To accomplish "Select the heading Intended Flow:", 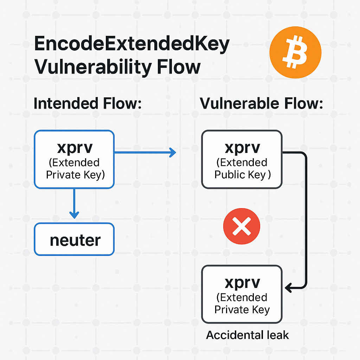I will click(87, 104).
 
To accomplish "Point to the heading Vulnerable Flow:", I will click(261, 104).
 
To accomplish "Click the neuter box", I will click(74, 240).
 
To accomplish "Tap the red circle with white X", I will click(242, 226).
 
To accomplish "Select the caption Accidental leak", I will click(247, 335).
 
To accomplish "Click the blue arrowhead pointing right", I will click(172, 152).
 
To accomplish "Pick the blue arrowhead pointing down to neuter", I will click(74, 214).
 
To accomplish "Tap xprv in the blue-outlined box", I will click(75, 147).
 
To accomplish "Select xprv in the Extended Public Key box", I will click(242, 147).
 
